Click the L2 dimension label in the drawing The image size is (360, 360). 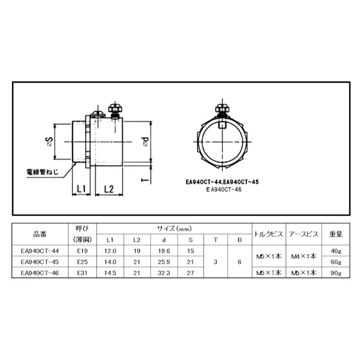[109, 189]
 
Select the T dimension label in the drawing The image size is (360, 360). [145, 179]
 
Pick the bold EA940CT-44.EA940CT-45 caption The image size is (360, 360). [223, 182]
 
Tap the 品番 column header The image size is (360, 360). [40, 234]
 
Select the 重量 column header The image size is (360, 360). [336, 234]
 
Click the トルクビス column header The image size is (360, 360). [269, 234]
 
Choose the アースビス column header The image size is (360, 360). [304, 234]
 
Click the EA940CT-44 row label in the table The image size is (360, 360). [40, 251]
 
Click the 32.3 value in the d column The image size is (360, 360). [163, 273]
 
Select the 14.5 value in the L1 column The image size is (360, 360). [111, 273]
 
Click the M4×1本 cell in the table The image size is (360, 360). [304, 256]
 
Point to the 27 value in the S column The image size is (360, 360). [190, 273]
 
